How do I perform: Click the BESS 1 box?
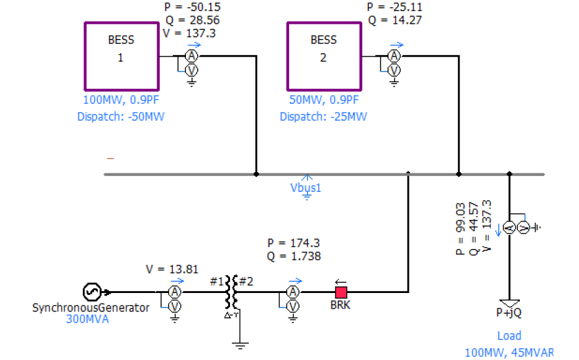coord(121,56)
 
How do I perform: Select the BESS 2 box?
coord(323,56)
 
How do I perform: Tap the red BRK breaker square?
coord(340,291)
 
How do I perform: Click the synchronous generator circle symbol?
coord(91,291)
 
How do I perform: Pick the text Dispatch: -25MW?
coord(323,116)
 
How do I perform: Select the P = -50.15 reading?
coord(192,8)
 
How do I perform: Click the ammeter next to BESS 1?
coord(191,56)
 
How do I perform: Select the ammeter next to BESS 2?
coord(394,56)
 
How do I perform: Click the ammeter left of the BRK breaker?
coord(294,291)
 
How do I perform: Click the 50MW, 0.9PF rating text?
coord(324,101)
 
